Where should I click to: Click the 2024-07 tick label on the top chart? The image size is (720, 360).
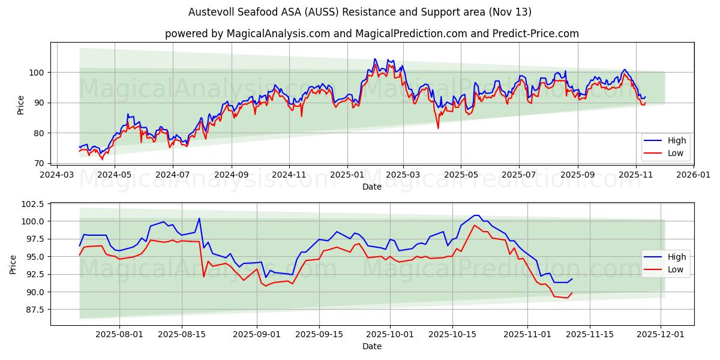[172, 175]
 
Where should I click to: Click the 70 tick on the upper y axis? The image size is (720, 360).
[38, 163]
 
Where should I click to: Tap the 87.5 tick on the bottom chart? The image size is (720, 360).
[33, 310]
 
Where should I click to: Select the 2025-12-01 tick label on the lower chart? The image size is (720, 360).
[661, 335]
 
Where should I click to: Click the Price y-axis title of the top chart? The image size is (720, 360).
[21, 105]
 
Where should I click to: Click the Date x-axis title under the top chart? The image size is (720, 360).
[372, 187]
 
